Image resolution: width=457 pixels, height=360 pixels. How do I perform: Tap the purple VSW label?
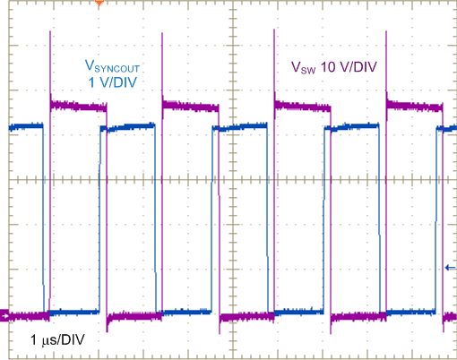(304, 67)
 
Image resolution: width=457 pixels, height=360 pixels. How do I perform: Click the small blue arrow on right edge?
(450, 267)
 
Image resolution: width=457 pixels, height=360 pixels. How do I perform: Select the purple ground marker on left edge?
(4, 315)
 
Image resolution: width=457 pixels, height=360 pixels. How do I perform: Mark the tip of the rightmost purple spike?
(385, 34)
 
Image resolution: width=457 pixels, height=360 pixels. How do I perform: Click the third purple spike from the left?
(273, 34)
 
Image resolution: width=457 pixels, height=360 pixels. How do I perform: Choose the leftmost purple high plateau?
(79, 107)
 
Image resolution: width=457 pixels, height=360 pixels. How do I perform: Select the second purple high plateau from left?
(190, 107)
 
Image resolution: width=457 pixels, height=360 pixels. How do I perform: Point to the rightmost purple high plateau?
(413, 107)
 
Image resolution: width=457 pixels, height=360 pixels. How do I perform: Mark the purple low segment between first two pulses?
(131, 316)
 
